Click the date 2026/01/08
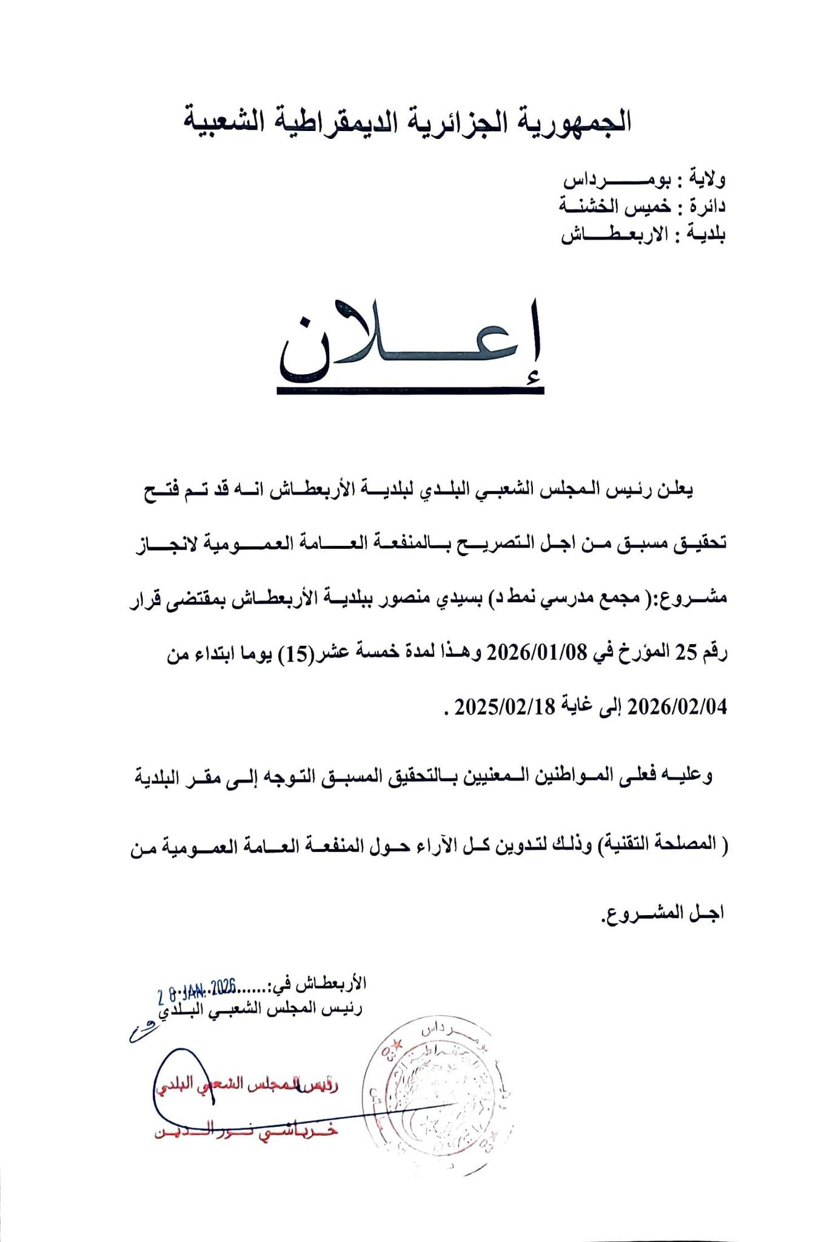tap(538, 652)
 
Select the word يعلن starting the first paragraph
tap(676, 489)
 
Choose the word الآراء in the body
tap(409, 843)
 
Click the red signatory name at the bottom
tap(246, 1132)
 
